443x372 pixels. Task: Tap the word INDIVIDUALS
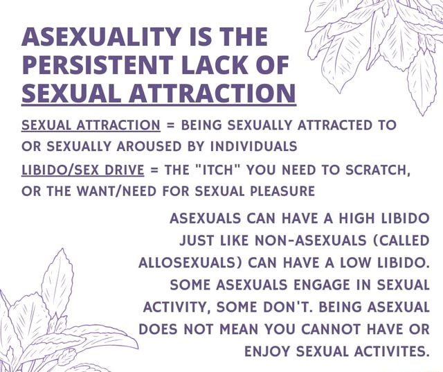243,147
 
